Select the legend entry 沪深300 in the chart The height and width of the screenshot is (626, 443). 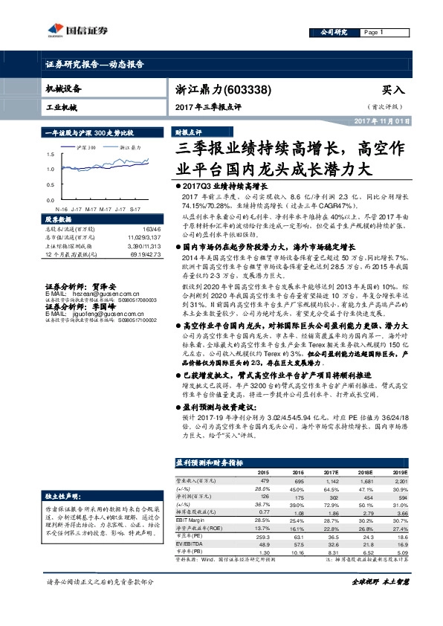[86, 148]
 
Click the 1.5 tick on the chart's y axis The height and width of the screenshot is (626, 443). [50, 154]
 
